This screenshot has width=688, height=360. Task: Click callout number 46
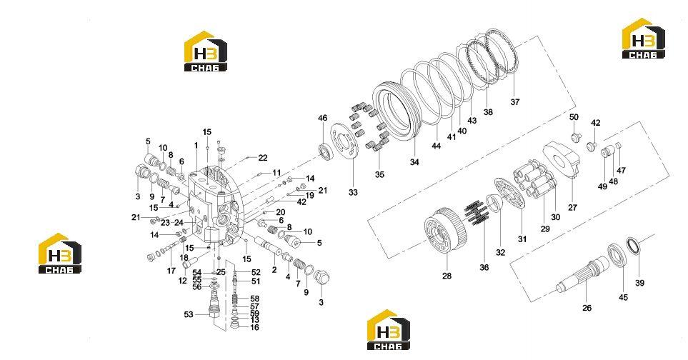pyautogui.click(x=322, y=118)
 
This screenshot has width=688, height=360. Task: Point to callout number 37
pyautogui.click(x=514, y=101)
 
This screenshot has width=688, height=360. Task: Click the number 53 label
pyautogui.click(x=188, y=314)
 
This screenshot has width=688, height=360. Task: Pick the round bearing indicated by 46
pyautogui.click(x=324, y=151)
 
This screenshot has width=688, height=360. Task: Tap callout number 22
pyautogui.click(x=262, y=158)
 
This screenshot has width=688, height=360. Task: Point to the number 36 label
pyautogui.click(x=484, y=267)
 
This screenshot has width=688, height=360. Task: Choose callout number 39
pyautogui.click(x=639, y=284)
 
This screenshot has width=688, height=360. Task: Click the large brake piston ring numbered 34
pyautogui.click(x=394, y=112)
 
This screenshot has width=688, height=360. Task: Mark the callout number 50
pyautogui.click(x=574, y=117)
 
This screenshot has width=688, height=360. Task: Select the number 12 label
pyautogui.click(x=182, y=281)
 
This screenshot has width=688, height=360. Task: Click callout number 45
pyautogui.click(x=623, y=297)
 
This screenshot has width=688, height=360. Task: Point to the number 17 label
pyautogui.click(x=171, y=271)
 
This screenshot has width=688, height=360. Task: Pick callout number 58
pyautogui.click(x=254, y=299)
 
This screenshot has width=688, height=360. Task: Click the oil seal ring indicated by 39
pyautogui.click(x=632, y=245)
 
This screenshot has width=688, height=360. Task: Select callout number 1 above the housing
pyautogui.click(x=196, y=145)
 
